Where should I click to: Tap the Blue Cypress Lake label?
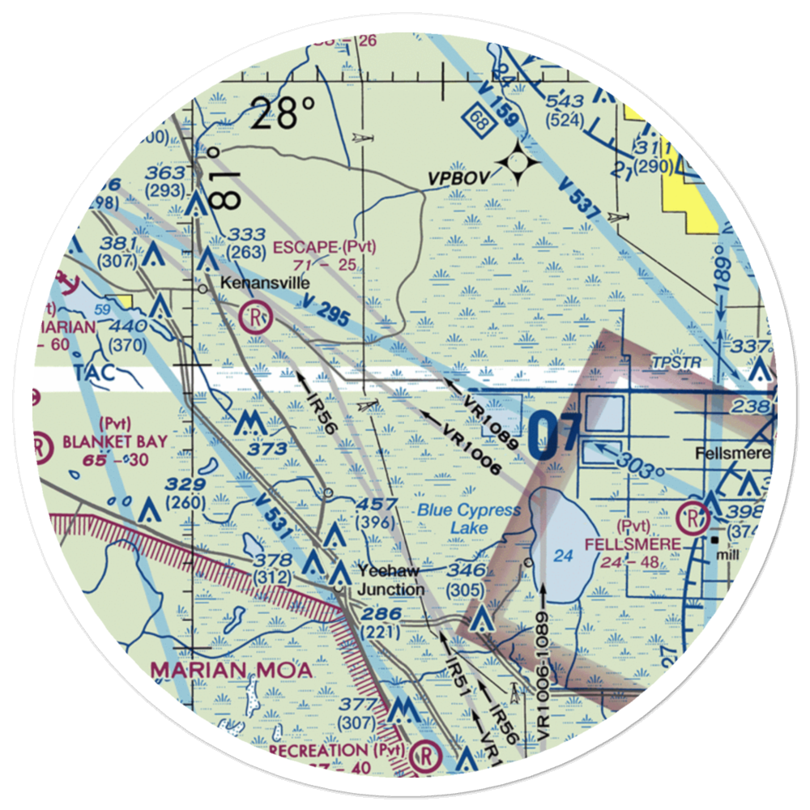coord(469,519)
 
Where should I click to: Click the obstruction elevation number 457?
coord(378,504)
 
